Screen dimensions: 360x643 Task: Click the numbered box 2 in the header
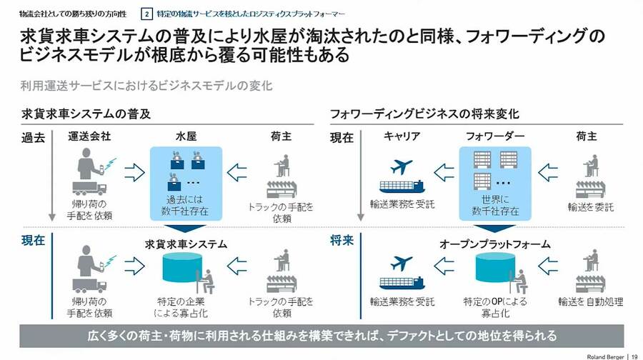(147, 14)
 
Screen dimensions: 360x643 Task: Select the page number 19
(634, 354)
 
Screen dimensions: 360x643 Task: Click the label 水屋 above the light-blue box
(186, 136)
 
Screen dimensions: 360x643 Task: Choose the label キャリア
(402, 136)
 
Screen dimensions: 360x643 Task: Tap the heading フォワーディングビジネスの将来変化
(424, 114)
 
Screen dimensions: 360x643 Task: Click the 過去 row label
(33, 138)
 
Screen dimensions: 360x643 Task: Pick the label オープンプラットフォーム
(497, 244)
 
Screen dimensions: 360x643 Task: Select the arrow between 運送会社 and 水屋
(134, 171)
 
